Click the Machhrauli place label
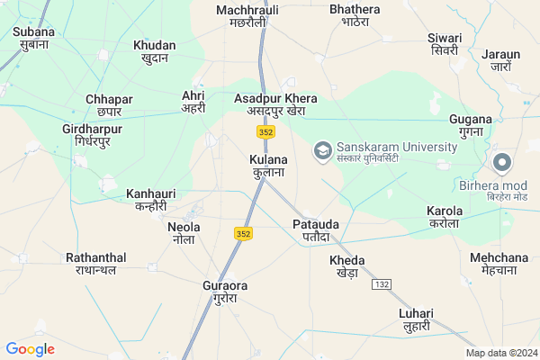tap(247, 16)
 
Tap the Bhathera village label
tap(355, 16)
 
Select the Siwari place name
tap(445, 44)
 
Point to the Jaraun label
tap(501, 59)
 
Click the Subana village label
tap(33, 39)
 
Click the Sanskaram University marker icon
tap(322, 148)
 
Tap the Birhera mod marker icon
tap(502, 162)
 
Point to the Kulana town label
tap(268, 166)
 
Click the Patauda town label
tap(315, 229)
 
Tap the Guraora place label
tap(225, 292)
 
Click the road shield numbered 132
tap(382, 283)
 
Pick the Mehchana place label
tap(492, 262)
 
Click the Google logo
tap(30, 349)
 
